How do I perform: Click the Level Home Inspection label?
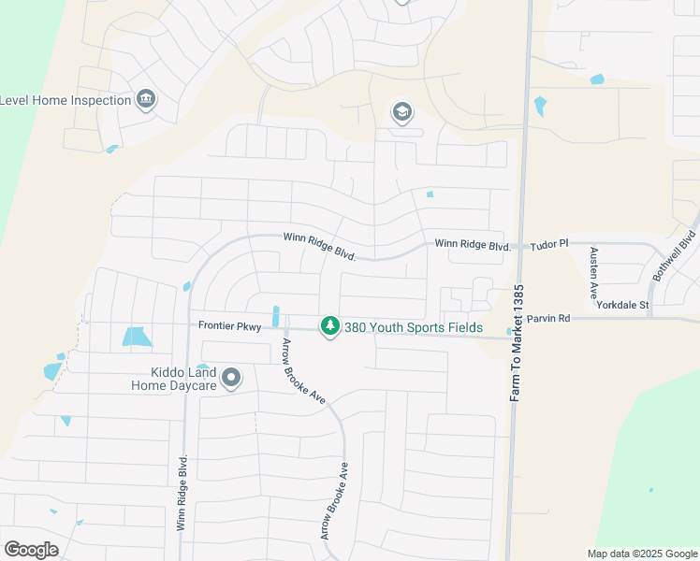point(66,100)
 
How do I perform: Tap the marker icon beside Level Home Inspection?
point(146,99)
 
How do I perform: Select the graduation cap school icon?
point(401,112)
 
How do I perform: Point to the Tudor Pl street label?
point(549,244)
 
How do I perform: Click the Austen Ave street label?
point(593,272)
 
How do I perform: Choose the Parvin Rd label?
point(547,319)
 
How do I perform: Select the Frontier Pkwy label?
point(229,326)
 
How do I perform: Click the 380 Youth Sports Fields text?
point(414,327)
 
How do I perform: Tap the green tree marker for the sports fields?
point(328,326)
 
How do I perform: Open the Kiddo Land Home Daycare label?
point(173,378)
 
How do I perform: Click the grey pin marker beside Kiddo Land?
point(231,379)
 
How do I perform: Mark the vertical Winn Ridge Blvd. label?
point(182,493)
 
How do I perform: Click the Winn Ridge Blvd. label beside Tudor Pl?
point(473,245)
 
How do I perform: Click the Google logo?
point(31,549)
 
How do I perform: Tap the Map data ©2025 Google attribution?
point(641,554)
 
